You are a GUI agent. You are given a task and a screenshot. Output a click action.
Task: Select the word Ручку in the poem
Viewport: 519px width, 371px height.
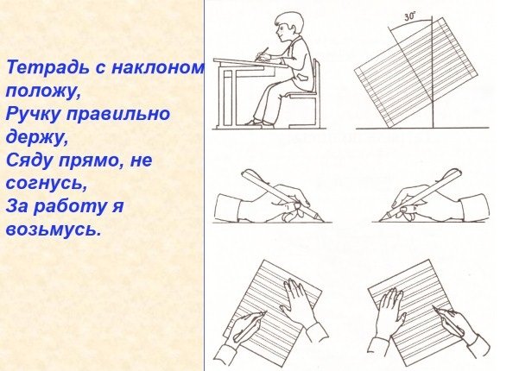(x=31, y=113)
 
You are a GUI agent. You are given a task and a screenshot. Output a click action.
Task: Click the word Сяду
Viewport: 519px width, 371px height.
(x=28, y=160)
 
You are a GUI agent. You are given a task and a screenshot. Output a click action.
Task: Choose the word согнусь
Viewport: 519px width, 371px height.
(x=46, y=183)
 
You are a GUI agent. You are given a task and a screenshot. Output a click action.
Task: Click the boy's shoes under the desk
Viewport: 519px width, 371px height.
(x=253, y=123)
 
